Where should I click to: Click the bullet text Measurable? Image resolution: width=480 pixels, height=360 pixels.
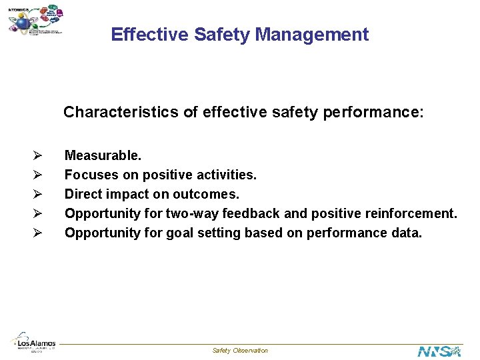[x=103, y=155]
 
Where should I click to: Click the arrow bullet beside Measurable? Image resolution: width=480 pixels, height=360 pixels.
[x=38, y=156]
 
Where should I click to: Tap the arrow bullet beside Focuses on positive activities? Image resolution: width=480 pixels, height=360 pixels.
[x=38, y=175]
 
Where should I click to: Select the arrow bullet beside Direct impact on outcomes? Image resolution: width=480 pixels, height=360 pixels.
[x=38, y=195]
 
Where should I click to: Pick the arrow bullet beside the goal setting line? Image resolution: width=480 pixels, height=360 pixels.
[x=38, y=233]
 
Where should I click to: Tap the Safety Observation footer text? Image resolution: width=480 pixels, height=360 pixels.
[x=240, y=351]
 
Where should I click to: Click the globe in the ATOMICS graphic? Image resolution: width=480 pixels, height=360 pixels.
[x=22, y=23]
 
